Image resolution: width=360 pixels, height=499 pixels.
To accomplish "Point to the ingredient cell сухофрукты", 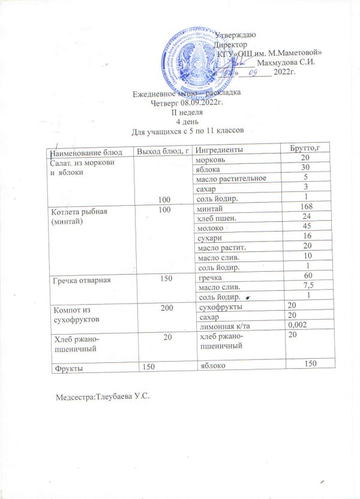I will pyautogui.click(x=220, y=306).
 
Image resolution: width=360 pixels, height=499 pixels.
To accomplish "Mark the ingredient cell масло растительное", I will pyautogui.click(x=231, y=178).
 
